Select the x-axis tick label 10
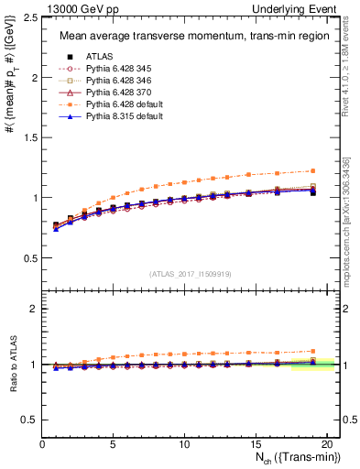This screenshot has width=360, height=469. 184,445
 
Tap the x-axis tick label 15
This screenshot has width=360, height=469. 255,445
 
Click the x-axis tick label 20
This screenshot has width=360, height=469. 325,445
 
